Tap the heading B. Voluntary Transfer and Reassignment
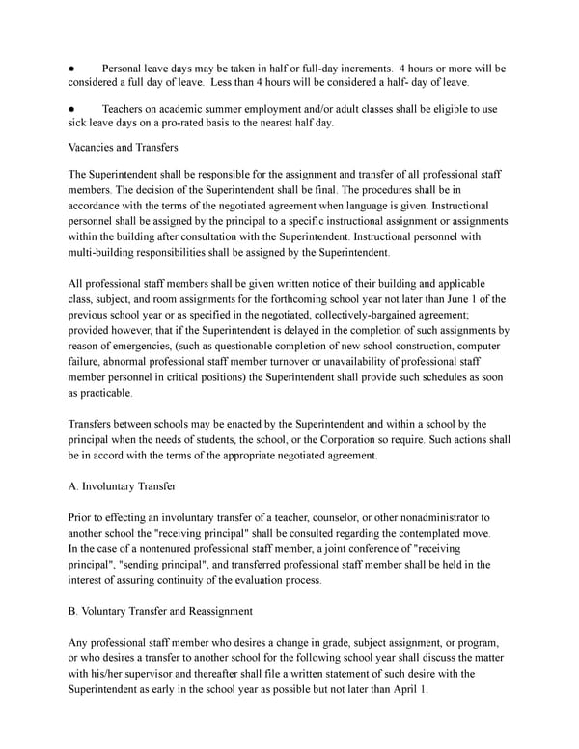click(x=160, y=610)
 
